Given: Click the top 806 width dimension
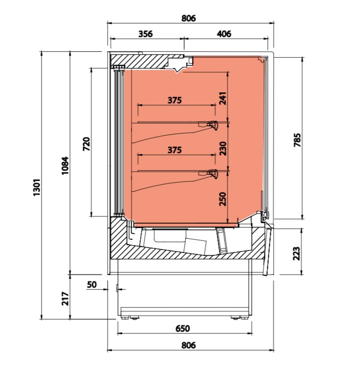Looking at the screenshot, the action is [x=189, y=18].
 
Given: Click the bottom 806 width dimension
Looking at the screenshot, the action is [x=189, y=346].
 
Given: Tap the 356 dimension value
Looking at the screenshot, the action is [x=145, y=34].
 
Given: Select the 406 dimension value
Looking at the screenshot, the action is [x=224, y=34].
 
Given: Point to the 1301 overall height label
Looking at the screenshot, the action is [x=37, y=187].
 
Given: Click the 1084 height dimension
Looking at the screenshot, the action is [x=65, y=165].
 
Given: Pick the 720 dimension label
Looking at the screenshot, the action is [x=86, y=144].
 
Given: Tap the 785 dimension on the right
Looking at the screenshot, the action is [x=297, y=140].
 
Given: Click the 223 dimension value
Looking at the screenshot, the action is [x=296, y=254].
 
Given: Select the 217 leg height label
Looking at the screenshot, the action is [x=65, y=299].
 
